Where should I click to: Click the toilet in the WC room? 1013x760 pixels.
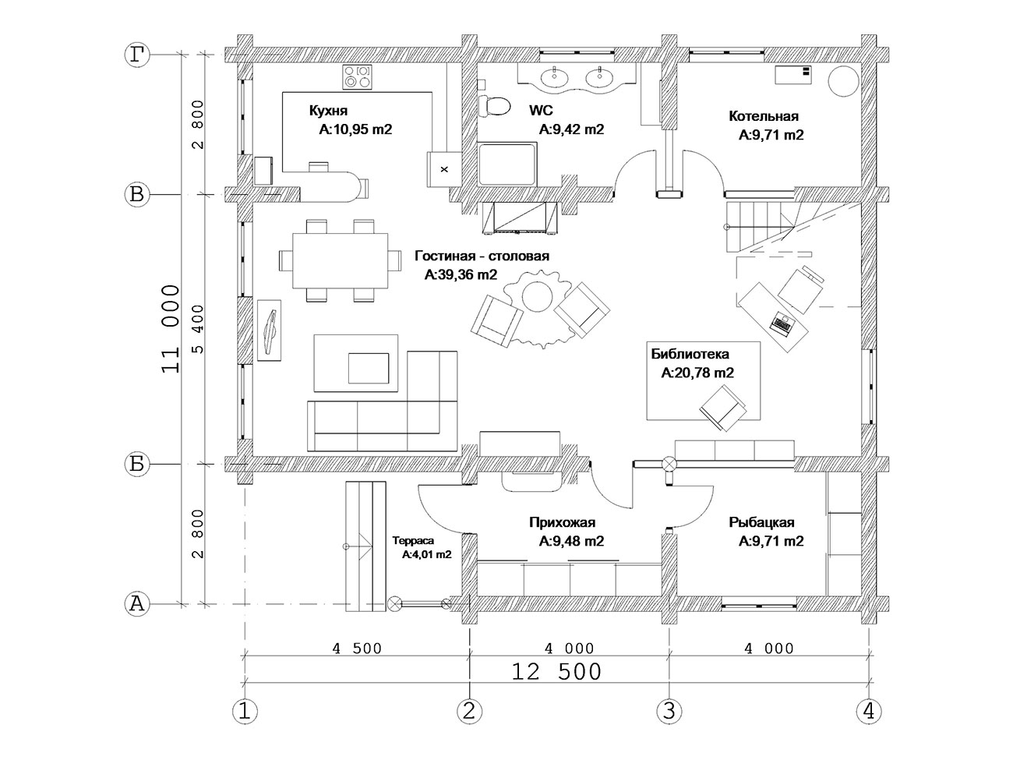point(494,106)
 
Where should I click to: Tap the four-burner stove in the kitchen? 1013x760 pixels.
point(357,77)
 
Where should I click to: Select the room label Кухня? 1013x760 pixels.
point(328,111)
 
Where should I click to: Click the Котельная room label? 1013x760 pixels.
point(764,116)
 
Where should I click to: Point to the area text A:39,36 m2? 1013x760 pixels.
point(461,275)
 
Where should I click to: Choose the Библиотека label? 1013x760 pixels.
point(690,354)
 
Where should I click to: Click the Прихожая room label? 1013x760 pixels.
point(562,522)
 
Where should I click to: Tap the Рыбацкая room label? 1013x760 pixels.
point(761,522)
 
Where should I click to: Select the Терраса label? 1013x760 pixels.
point(413,540)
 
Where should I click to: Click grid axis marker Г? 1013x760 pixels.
point(137,55)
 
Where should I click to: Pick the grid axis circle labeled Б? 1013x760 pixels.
point(137,464)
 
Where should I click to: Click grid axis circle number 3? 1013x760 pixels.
point(669,711)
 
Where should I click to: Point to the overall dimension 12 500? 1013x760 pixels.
point(557,672)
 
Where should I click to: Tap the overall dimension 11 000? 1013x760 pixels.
point(171,329)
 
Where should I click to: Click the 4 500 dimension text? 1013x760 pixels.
point(357,649)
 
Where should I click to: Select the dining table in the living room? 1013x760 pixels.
point(340,260)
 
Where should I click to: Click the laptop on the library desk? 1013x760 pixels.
point(782,323)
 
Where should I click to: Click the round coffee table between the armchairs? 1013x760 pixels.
point(537,296)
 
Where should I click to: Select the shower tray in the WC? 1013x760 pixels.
point(507,164)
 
